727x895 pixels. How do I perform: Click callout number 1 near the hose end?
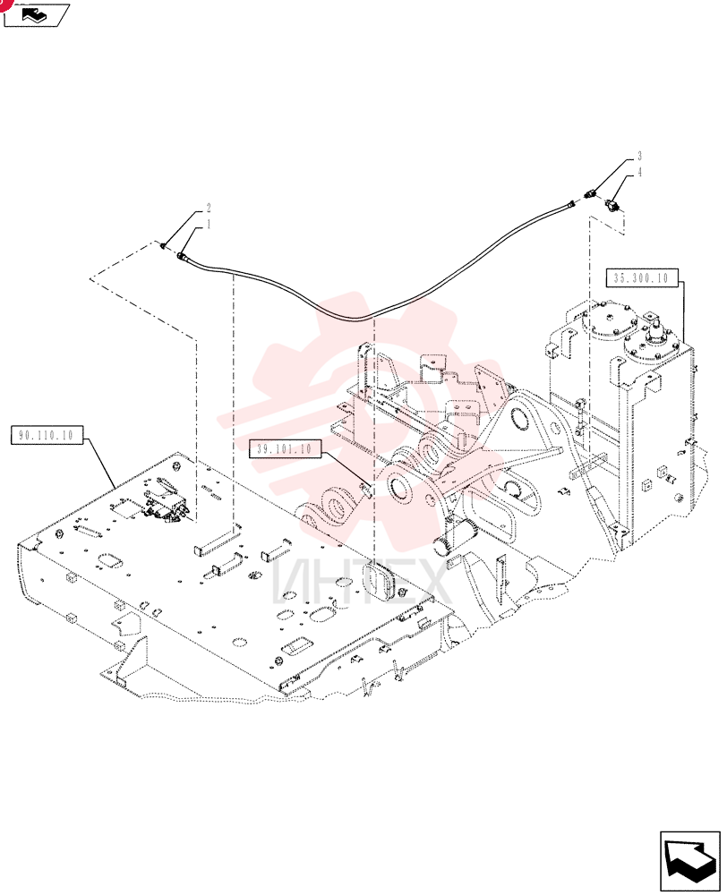(209, 224)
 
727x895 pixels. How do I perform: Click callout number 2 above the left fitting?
(209, 208)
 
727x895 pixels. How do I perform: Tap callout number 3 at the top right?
(639, 156)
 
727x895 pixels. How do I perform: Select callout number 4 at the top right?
(639, 172)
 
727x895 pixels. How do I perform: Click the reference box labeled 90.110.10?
(47, 435)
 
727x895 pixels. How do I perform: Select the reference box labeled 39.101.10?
(285, 448)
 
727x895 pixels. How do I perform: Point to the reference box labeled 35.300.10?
(641, 278)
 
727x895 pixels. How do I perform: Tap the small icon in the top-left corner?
(36, 14)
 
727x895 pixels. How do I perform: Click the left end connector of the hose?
(184, 257)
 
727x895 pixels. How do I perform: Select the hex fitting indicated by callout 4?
(612, 204)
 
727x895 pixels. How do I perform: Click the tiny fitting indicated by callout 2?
(163, 246)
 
